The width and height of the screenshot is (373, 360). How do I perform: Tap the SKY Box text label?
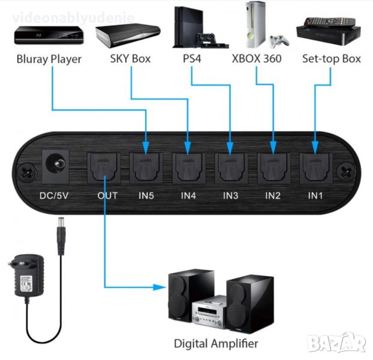130,59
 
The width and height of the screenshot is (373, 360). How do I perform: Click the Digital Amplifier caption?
216,344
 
